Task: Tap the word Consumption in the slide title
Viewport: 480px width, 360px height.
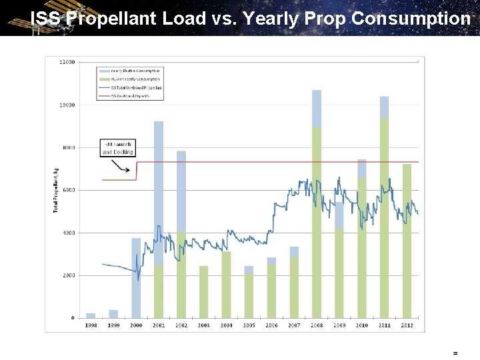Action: pos(410,18)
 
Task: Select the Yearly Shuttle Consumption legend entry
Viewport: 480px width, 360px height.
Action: pos(131,71)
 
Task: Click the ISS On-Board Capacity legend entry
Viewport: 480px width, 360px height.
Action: pos(131,96)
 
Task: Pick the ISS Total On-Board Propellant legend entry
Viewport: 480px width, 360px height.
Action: pos(131,87)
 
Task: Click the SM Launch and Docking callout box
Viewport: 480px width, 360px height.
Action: pos(117,148)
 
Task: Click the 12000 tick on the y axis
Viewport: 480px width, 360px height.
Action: pos(67,62)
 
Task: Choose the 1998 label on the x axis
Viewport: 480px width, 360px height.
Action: pos(91,325)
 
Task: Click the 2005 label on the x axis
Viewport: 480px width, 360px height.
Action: pos(249,325)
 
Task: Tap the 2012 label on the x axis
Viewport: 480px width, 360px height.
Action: pos(407,325)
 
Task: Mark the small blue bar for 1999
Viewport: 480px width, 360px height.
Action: pos(113,314)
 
